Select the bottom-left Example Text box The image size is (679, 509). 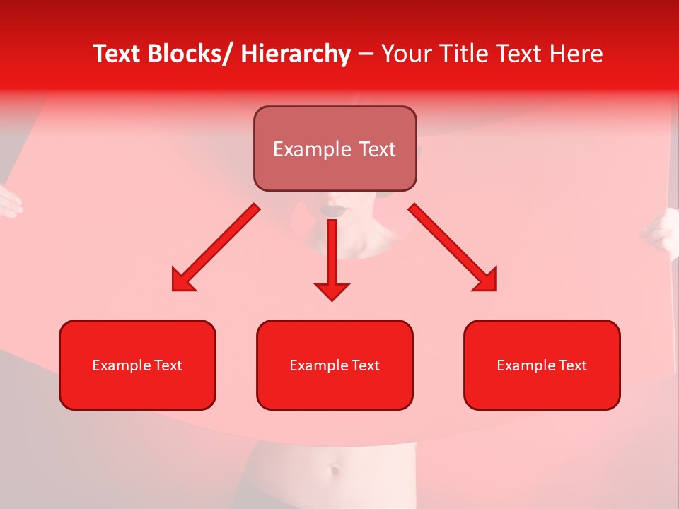(137, 365)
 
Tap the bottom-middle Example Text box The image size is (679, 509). (335, 365)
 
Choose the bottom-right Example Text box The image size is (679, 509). (542, 365)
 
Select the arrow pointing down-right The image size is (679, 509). (453, 248)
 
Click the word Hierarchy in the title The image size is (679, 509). (296, 54)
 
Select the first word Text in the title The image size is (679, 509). (117, 54)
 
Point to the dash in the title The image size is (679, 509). (366, 55)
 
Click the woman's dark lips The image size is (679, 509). (333, 210)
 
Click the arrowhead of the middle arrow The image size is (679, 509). (332, 291)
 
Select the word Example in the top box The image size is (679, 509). (302, 149)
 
